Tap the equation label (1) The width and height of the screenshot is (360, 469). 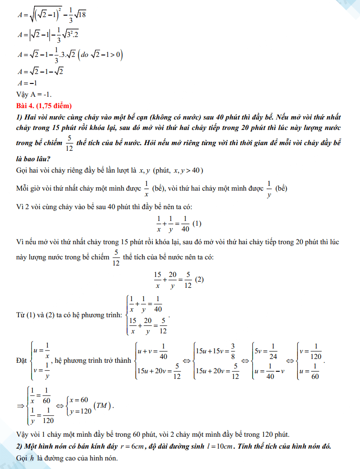[198, 223]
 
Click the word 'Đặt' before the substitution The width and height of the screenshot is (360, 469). [22, 360]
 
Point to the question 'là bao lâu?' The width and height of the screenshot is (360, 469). [34, 158]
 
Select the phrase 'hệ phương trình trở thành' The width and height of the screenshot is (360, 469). [93, 360]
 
